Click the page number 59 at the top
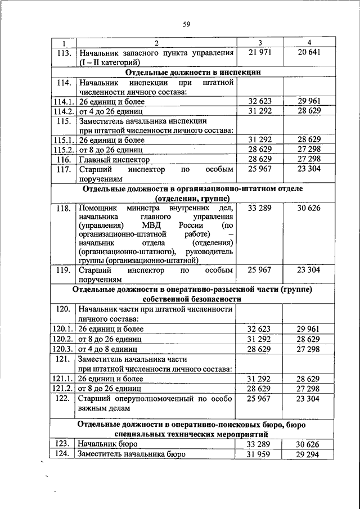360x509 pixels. point(187,24)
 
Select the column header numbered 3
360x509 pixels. point(260,43)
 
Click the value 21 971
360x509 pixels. point(260,53)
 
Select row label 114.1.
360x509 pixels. point(63,102)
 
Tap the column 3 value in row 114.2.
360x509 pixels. point(260,111)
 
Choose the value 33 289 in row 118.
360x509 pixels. point(260,208)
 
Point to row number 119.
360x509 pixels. point(63,270)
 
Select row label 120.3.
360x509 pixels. point(63,349)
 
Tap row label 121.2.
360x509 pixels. point(63,388)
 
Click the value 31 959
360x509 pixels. point(260,454)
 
